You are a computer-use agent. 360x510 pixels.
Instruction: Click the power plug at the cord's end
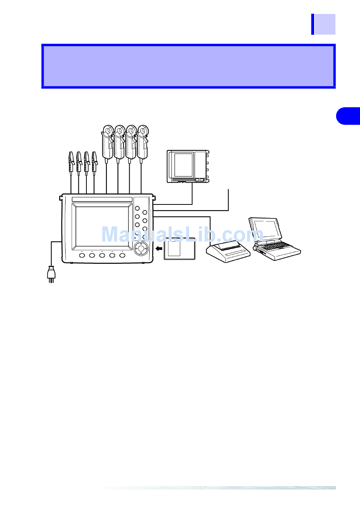[51, 274]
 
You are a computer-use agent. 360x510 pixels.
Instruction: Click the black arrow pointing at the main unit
[159, 249]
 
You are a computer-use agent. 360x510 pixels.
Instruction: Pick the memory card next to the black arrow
[179, 249]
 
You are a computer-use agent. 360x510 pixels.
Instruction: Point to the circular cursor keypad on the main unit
[141, 249]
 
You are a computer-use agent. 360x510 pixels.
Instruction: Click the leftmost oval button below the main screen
[82, 256]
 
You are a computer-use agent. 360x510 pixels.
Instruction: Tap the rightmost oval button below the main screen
[122, 256]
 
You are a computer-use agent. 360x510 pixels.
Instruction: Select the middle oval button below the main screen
[102, 256]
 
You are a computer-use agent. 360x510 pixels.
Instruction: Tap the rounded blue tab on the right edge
[348, 116]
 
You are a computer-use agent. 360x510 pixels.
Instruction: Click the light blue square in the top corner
[325, 24]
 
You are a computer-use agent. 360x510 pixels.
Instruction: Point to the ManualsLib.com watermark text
[182, 235]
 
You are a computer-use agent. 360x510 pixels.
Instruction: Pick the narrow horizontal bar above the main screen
[102, 200]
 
